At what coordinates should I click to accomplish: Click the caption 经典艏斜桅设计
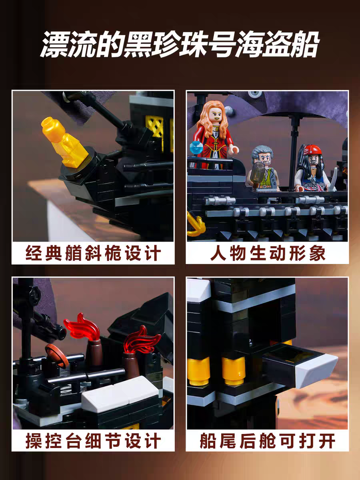coord(93,254)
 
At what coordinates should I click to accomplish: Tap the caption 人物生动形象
coord(267,254)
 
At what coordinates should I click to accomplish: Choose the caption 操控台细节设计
coord(93,441)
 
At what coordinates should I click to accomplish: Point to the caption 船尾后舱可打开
coord(267,441)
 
